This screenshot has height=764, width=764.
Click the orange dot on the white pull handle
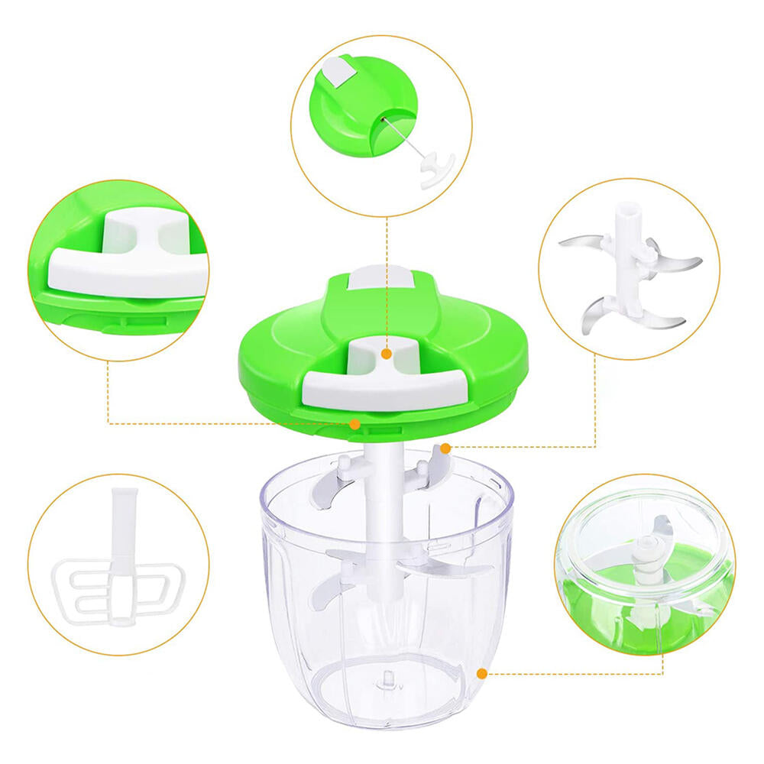[x=387, y=354]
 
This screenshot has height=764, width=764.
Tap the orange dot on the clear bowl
[x=481, y=673]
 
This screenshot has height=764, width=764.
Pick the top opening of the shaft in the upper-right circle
[x=627, y=207]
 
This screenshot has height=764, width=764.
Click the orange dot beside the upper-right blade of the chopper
[x=445, y=448]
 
